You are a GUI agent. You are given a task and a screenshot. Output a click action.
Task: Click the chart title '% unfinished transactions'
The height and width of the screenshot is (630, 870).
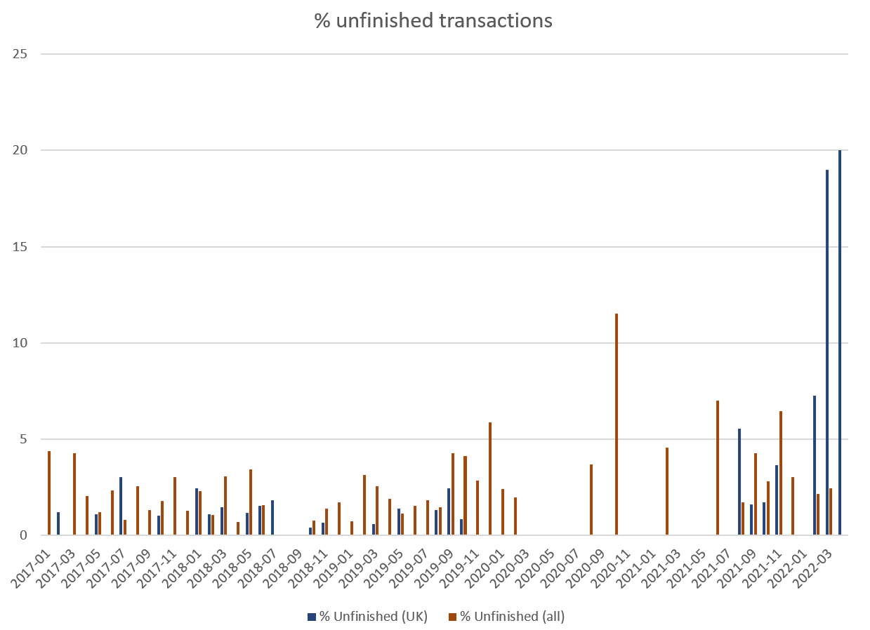click(433, 21)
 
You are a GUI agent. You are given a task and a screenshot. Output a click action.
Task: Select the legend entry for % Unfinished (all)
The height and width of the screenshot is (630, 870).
click(506, 617)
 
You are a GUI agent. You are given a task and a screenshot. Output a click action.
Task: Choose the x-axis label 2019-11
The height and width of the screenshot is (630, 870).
click(463, 562)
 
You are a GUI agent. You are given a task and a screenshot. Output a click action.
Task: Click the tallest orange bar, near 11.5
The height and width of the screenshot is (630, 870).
click(617, 424)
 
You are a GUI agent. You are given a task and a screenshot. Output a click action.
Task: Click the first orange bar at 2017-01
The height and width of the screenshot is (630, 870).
click(49, 493)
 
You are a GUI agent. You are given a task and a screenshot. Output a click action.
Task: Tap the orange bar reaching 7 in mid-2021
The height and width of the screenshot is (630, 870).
click(718, 468)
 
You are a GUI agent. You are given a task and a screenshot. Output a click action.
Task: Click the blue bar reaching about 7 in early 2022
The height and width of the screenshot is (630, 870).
click(815, 465)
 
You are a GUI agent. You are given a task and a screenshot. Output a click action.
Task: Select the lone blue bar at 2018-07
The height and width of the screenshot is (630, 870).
click(272, 518)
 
